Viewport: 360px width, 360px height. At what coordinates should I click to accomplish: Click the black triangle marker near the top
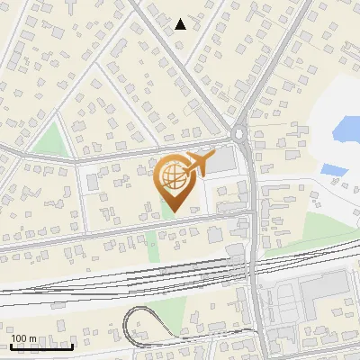pyautogui.click(x=181, y=24)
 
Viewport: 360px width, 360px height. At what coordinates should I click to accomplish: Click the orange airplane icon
pyautogui.click(x=199, y=164)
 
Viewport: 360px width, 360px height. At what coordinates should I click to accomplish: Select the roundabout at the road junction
pyautogui.click(x=240, y=135)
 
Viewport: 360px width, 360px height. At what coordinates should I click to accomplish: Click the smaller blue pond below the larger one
pyautogui.click(x=333, y=168)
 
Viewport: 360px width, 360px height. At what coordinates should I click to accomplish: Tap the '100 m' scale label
pyautogui.click(x=24, y=338)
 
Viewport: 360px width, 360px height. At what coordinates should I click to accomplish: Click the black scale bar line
pyautogui.click(x=41, y=346)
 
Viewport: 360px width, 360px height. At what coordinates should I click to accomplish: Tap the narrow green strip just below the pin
pyautogui.click(x=166, y=208)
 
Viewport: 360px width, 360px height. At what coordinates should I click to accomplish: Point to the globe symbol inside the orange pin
pyautogui.click(x=174, y=176)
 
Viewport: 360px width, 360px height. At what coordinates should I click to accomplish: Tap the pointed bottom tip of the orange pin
pyautogui.click(x=174, y=211)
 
